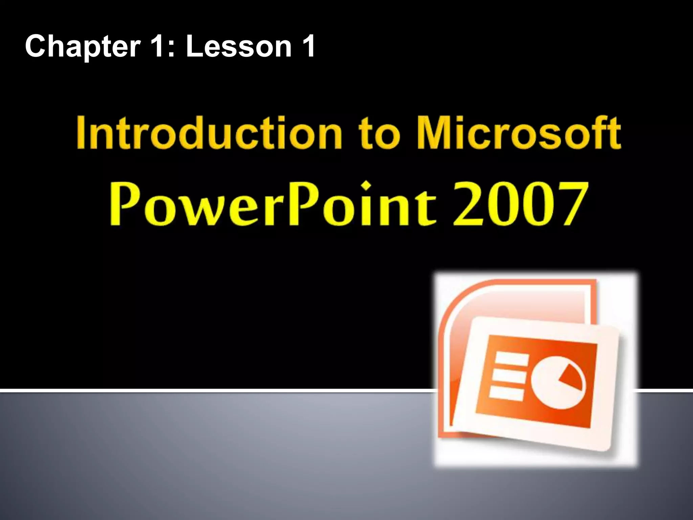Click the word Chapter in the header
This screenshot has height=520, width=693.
tap(83, 47)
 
